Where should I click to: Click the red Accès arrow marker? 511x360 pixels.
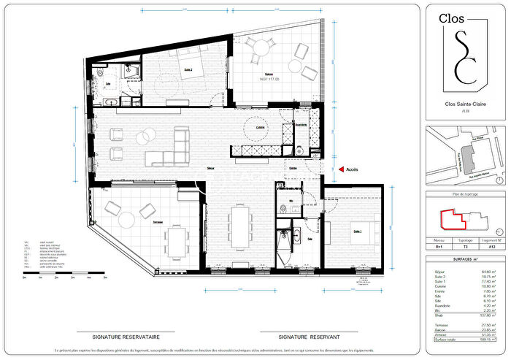pyautogui.click(x=340, y=169)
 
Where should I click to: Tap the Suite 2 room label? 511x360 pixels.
pyautogui.click(x=187, y=70)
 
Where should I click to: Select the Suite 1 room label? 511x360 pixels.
pyautogui.click(x=358, y=231)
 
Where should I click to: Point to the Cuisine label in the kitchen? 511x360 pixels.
pyautogui.click(x=259, y=129)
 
